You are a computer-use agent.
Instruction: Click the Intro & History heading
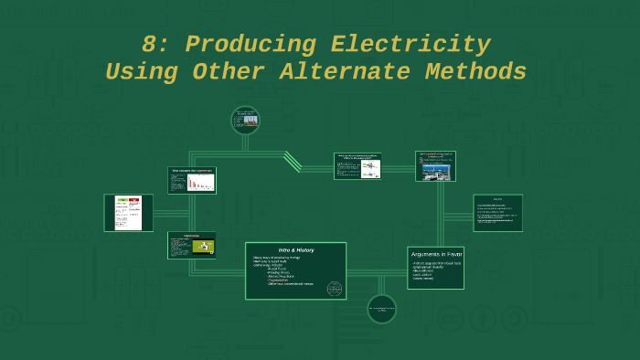point(295,249)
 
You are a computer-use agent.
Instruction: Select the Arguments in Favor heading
point(435,254)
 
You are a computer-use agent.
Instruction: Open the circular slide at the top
point(245,120)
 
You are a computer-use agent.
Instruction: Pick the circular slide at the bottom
point(381,309)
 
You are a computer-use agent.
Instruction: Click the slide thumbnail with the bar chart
point(192,180)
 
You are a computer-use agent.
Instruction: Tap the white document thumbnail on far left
point(128,213)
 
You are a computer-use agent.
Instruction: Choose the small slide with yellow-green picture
point(192,245)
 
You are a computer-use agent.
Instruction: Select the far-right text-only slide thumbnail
point(497,213)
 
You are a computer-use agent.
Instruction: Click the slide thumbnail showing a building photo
point(435,166)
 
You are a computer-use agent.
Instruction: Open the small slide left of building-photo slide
point(357,166)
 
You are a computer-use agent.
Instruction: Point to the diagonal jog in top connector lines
point(293,162)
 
